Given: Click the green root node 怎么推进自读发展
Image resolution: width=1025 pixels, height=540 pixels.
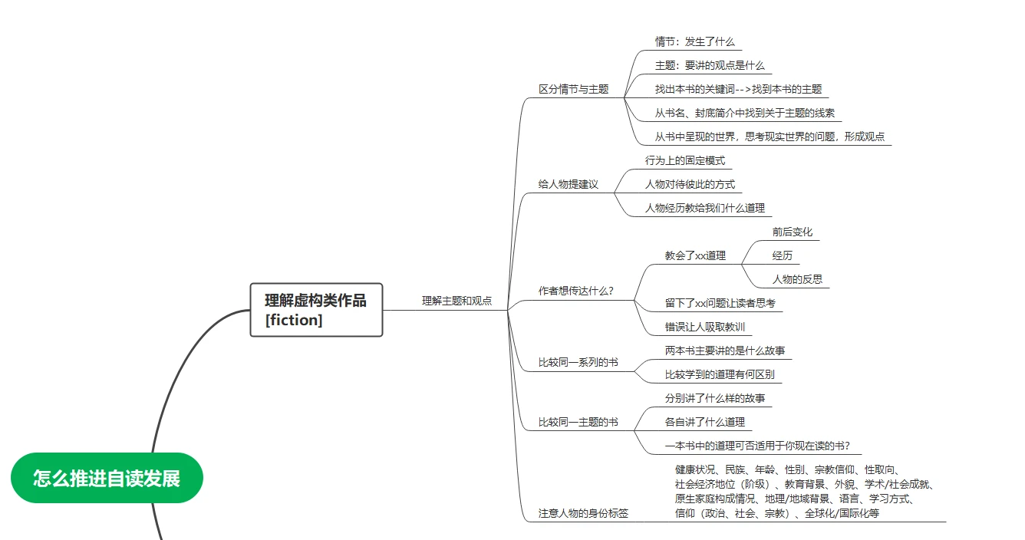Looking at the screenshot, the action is point(107,478).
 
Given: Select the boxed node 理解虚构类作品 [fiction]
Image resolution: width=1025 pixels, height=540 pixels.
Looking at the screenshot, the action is point(316,310).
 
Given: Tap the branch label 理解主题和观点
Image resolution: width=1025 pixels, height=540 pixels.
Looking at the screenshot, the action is point(456,301).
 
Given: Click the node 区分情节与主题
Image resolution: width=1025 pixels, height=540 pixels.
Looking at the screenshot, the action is point(573,89).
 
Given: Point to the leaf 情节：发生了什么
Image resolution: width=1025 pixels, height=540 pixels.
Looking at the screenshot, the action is point(694,41).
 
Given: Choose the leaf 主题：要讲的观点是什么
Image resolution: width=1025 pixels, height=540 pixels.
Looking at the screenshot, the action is point(710,65).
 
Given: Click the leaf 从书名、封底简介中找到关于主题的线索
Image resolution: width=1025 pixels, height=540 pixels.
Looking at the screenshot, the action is point(744,113).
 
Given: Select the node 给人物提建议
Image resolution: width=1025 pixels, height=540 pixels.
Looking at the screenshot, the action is point(569,184).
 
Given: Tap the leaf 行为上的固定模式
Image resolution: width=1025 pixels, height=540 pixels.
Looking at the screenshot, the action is point(685,160).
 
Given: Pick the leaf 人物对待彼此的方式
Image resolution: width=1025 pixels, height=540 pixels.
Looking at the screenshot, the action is point(690,184).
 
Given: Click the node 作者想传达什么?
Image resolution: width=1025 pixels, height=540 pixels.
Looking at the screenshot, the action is point(575,291).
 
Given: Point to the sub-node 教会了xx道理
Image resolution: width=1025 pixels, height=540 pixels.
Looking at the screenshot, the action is point(695,256).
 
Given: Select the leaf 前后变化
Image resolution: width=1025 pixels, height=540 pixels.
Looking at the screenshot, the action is point(792,232).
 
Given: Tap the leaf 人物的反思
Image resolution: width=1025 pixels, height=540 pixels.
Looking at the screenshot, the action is point(797,280).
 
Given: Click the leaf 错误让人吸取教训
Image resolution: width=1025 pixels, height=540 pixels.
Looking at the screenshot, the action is point(704,328).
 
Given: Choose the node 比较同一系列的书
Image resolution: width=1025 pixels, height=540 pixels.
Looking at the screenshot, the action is point(578,363).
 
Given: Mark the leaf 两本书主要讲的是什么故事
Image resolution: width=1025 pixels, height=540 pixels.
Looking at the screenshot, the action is point(725,351).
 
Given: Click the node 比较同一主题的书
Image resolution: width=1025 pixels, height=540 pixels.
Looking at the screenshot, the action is point(578,422).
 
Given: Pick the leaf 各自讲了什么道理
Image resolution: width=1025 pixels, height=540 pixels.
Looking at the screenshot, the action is point(704,422).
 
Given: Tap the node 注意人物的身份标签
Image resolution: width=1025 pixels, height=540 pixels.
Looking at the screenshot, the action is point(583,513).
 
